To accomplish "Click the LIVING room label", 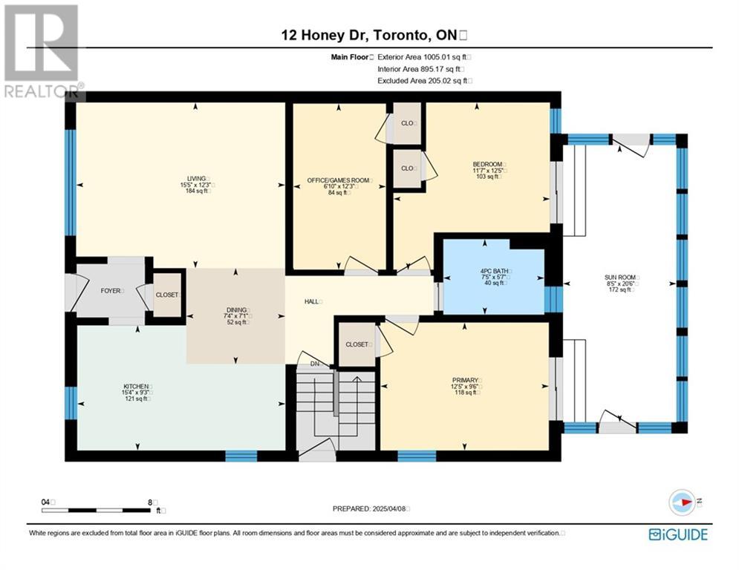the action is click(x=196, y=179).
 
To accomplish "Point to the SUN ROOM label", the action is click(x=620, y=278).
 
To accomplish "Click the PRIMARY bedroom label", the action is click(x=465, y=380).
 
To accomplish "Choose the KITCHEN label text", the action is click(x=136, y=386).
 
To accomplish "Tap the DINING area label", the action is click(x=237, y=310).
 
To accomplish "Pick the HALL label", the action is click(x=311, y=301).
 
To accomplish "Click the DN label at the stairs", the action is click(x=315, y=364).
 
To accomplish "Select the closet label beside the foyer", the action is click(x=167, y=295).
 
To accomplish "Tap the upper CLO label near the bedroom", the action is click(x=407, y=123).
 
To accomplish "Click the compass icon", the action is click(x=683, y=502).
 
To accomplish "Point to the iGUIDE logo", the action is click(x=678, y=534).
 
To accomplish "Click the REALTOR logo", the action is click(x=43, y=51).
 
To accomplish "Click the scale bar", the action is click(x=96, y=510).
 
